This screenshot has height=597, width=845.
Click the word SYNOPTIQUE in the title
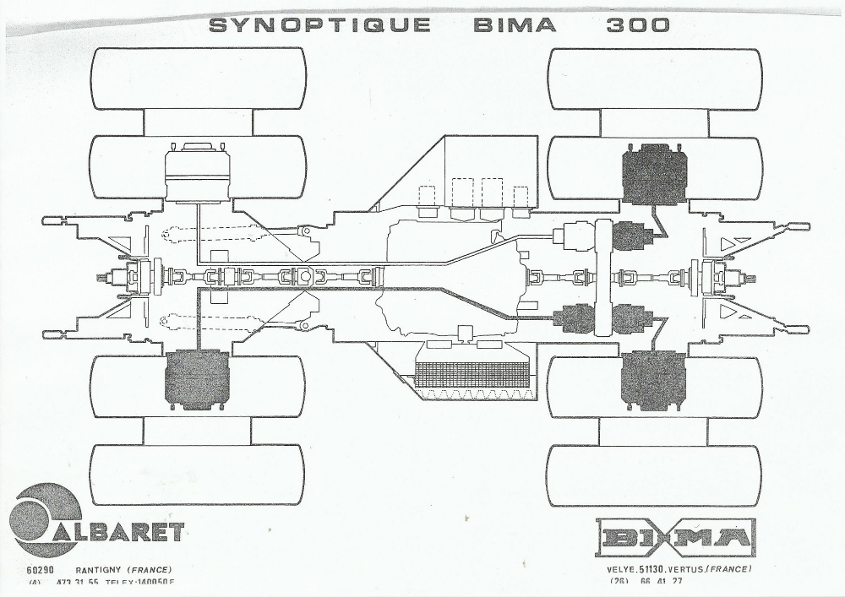319,24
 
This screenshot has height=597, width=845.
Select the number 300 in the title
637,24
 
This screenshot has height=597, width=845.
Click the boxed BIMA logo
675,538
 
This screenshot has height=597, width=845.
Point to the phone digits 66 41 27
660,581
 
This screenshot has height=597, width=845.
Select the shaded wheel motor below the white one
195,379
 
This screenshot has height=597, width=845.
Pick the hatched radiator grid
472,375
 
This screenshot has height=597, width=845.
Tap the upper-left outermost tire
198,78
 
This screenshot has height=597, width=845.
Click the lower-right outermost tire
655,475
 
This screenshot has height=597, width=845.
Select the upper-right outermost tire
655,78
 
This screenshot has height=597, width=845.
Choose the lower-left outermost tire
198,475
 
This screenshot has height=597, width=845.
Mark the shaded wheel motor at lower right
653,378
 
